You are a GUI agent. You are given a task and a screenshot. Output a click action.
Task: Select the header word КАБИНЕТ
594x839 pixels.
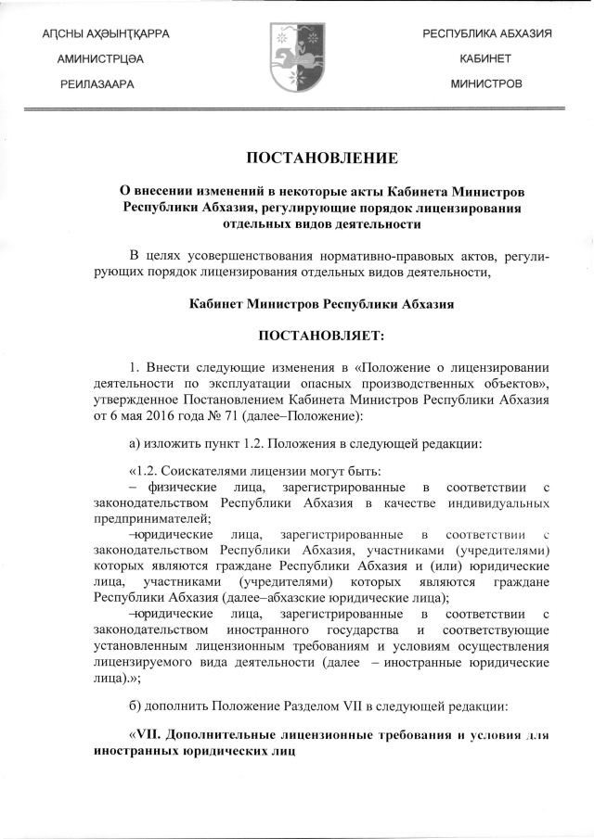click(486, 58)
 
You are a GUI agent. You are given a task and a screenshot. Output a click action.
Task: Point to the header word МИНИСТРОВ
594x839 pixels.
click(486, 83)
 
